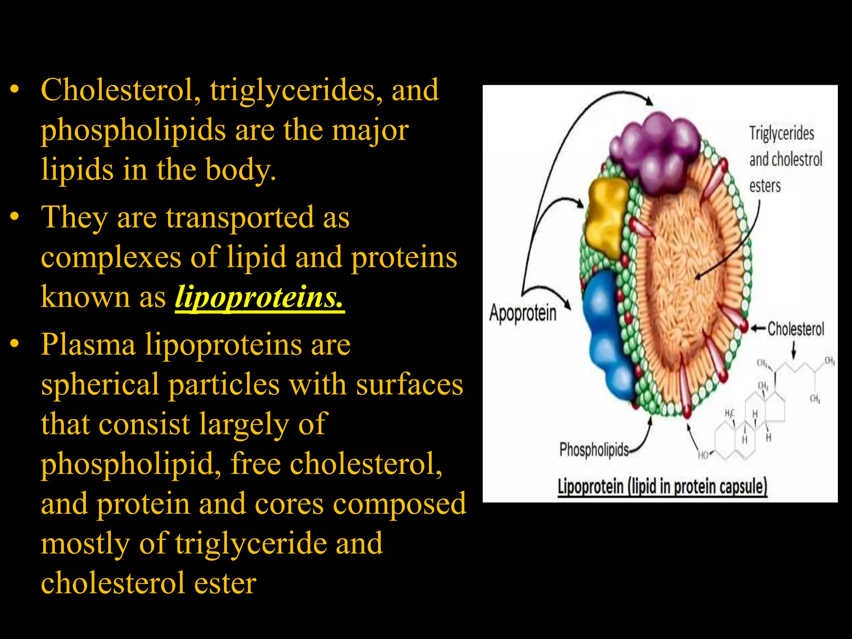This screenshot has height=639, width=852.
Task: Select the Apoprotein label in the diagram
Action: (x=523, y=313)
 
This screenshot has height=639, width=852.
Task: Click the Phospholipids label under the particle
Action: (x=594, y=450)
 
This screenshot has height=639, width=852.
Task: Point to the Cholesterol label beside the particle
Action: (x=795, y=329)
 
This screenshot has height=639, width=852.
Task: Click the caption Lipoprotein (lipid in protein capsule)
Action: (x=662, y=487)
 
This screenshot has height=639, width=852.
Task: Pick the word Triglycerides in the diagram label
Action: (x=781, y=134)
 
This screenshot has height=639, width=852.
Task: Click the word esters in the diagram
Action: (x=765, y=186)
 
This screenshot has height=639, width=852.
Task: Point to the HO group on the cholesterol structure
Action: (x=703, y=455)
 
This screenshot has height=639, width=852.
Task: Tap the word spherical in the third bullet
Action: (x=100, y=385)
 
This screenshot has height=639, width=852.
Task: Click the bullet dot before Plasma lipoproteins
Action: (x=15, y=344)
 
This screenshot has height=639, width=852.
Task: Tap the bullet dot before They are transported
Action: (x=15, y=217)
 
